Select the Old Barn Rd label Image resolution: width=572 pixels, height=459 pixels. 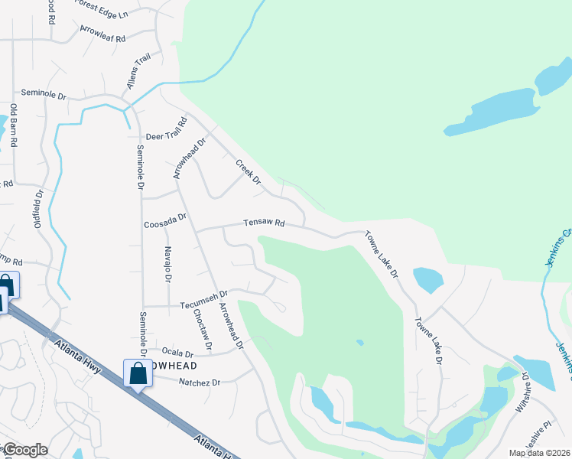click(13, 127)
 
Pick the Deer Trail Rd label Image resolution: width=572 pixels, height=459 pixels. click(166, 132)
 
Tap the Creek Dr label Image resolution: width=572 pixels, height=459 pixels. click(248, 173)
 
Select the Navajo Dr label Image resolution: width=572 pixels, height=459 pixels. click(167, 265)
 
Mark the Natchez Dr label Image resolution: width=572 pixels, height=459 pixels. click(199, 382)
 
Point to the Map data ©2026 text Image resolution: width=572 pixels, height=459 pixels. click(540, 453)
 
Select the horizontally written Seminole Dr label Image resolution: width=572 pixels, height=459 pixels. click(44, 93)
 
